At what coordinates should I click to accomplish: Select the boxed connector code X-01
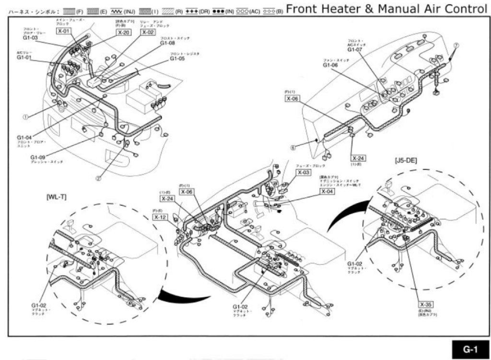pyautogui.click(x=64, y=32)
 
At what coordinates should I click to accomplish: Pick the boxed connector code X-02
pyautogui.click(x=148, y=32)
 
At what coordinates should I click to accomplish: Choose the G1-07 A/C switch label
pyautogui.click(x=354, y=49)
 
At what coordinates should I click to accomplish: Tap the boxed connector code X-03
pyautogui.click(x=304, y=172)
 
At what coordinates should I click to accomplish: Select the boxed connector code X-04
pyautogui.click(x=327, y=191)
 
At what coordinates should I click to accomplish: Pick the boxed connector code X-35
pyautogui.click(x=425, y=304)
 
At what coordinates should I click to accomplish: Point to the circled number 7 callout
pyautogui.click(x=456, y=45)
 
